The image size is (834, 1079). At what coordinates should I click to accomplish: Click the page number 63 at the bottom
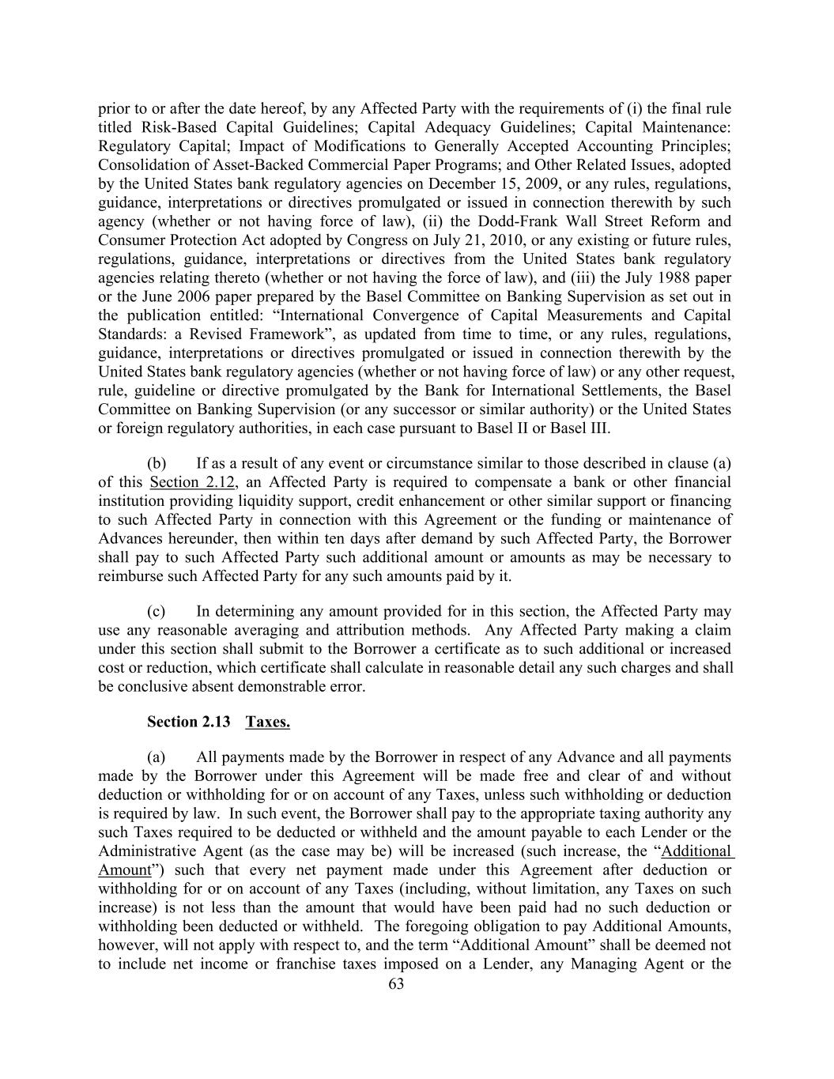pyautogui.click(x=397, y=984)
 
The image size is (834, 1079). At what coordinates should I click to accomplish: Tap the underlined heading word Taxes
pyautogui.click(x=267, y=722)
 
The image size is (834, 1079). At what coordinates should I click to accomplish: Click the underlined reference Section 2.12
pyautogui.click(x=192, y=481)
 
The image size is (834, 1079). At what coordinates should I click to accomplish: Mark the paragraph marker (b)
pyautogui.click(x=157, y=462)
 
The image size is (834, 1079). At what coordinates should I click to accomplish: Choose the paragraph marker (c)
pyautogui.click(x=157, y=611)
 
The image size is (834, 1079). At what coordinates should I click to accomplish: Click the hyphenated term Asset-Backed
pyautogui.click(x=241, y=164)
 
